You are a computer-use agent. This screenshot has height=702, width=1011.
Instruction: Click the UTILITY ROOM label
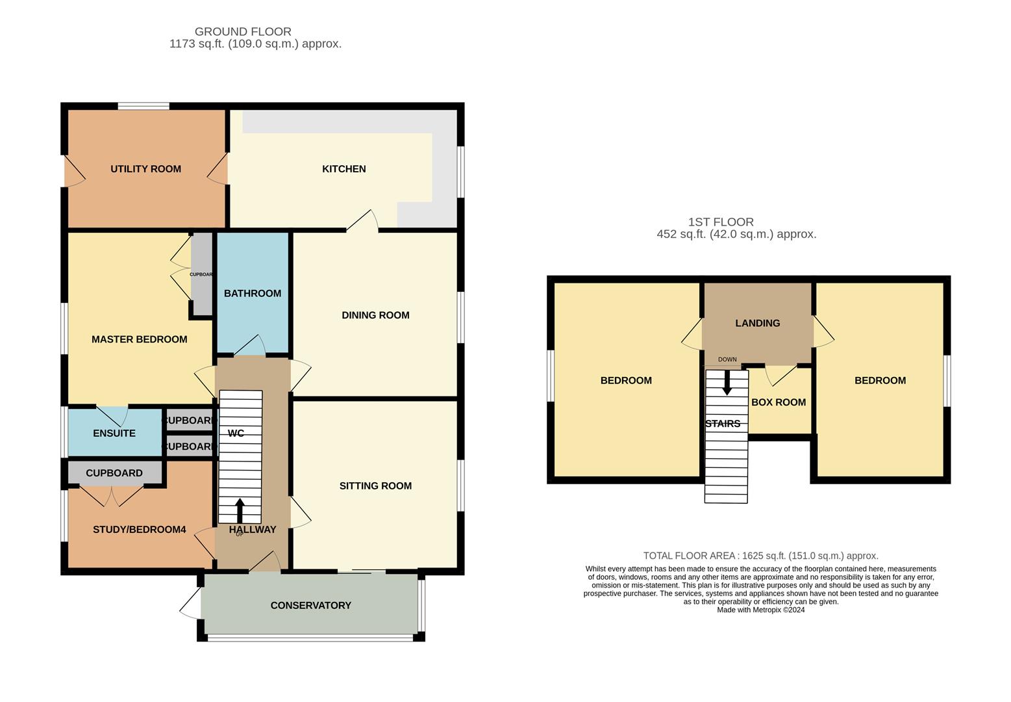(x=145, y=169)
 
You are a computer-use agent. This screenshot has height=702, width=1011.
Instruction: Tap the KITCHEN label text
(x=343, y=169)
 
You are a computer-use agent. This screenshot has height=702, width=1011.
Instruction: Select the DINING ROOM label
(x=375, y=315)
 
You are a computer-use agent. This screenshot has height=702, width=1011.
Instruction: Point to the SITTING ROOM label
(x=375, y=486)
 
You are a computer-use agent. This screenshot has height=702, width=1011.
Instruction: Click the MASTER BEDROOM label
(x=139, y=339)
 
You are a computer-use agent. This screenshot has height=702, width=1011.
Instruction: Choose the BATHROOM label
(x=253, y=293)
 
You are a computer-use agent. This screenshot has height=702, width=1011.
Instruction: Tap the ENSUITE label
(x=114, y=434)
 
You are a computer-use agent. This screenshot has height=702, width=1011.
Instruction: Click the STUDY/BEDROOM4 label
(x=139, y=530)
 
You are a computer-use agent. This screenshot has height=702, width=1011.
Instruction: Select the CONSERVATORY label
(x=310, y=605)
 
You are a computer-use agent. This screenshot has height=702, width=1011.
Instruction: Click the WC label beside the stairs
(x=236, y=434)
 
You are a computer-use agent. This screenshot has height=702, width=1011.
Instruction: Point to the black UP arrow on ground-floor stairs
(x=240, y=510)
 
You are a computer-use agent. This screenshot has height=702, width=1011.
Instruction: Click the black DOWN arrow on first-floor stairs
(x=727, y=382)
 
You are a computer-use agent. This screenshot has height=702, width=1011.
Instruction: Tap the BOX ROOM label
(x=779, y=402)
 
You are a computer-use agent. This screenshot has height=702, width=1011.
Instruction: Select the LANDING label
(x=757, y=323)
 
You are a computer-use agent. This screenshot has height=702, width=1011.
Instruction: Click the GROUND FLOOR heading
(x=243, y=31)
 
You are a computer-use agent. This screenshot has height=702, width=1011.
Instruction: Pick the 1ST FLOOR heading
(x=721, y=222)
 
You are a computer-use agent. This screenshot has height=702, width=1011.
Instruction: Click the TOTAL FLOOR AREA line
(x=760, y=556)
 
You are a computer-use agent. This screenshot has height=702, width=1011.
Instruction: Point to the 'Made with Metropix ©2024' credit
(x=760, y=610)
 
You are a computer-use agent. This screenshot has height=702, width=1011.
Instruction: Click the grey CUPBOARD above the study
(x=114, y=473)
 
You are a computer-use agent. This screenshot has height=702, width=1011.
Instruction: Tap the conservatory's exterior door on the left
(x=190, y=605)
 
